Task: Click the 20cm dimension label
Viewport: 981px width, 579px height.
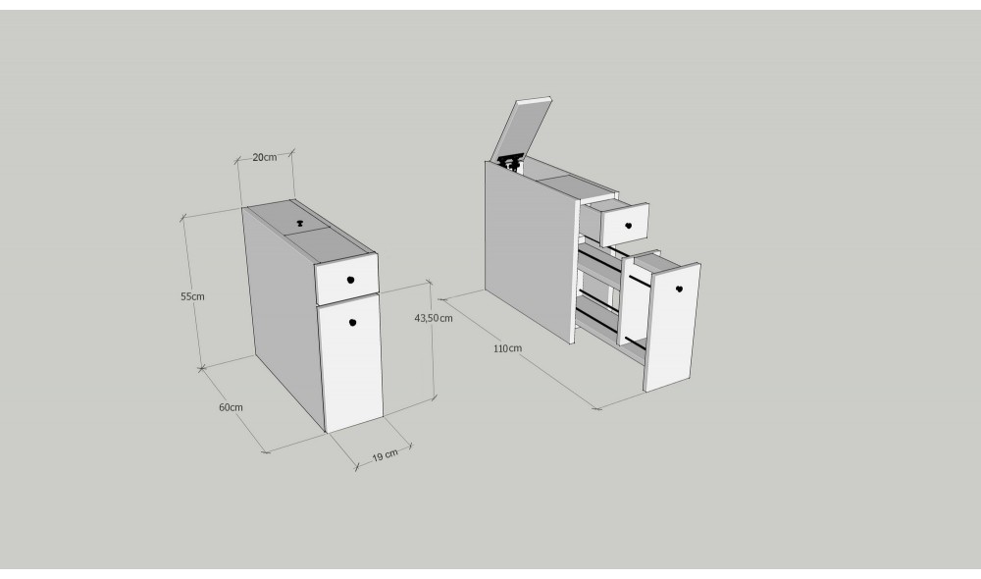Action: pos(265,157)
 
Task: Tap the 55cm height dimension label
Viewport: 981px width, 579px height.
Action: pos(192,296)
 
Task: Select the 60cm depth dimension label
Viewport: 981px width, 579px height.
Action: pos(231,407)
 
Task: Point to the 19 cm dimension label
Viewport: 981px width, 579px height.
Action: pos(385,455)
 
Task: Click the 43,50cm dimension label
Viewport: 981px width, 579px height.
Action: pos(434,318)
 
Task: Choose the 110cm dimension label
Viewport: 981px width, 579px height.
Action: pos(507,348)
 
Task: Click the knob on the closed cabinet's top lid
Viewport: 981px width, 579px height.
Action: pos(299,222)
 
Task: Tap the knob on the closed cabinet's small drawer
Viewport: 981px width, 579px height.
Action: pos(350,280)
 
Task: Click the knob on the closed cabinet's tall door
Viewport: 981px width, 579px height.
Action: pos(352,322)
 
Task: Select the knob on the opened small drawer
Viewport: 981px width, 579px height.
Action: pos(628,226)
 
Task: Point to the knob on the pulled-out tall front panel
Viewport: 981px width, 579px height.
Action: pos(679,289)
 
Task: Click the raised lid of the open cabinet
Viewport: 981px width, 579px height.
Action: pos(522,130)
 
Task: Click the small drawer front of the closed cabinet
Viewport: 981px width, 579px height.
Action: pos(347,279)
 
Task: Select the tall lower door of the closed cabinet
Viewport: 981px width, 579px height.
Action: pos(350,362)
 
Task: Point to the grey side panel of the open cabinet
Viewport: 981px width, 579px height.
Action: pos(530,250)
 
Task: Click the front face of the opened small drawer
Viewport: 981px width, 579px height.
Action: pos(625,224)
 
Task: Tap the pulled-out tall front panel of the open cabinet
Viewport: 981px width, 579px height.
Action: pos(673,328)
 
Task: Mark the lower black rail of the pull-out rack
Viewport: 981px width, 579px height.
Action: pos(636,342)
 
